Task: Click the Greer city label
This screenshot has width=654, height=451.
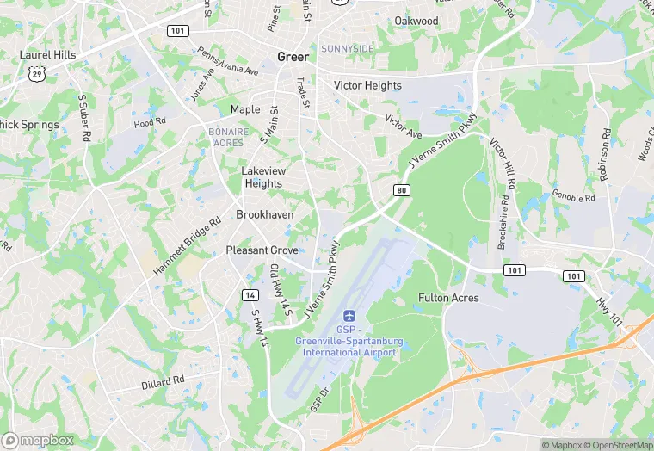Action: pyautogui.click(x=293, y=57)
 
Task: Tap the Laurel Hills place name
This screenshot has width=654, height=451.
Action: pyautogui.click(x=48, y=55)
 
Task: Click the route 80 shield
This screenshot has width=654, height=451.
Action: pyautogui.click(x=402, y=189)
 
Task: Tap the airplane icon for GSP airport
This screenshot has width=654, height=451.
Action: pyautogui.click(x=349, y=316)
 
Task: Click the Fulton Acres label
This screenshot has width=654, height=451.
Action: pyautogui.click(x=448, y=298)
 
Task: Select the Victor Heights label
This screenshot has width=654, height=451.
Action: pyautogui.click(x=367, y=86)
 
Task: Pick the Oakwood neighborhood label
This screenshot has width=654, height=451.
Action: pyautogui.click(x=416, y=21)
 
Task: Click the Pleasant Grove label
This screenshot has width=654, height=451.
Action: pyautogui.click(x=262, y=250)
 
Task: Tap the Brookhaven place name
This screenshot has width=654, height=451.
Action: pyautogui.click(x=265, y=214)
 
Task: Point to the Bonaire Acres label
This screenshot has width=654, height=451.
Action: pyautogui.click(x=227, y=137)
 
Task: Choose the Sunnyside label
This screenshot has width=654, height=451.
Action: pyautogui.click(x=348, y=49)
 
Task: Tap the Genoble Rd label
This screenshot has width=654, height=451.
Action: pyautogui.click(x=573, y=197)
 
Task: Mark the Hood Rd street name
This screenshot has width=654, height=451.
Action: pyautogui.click(x=149, y=123)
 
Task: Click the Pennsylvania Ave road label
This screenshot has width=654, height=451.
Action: pyautogui.click(x=227, y=62)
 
